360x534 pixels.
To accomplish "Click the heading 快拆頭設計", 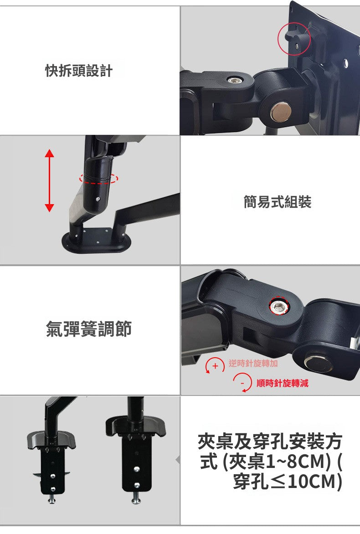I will (78, 71).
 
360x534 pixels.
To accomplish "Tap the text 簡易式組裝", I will (277, 202).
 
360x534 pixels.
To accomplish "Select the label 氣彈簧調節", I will (88, 329).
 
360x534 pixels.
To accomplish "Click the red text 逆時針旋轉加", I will (253, 363).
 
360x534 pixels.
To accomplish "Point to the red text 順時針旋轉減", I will (282, 383).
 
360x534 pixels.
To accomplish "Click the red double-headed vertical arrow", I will (50, 181).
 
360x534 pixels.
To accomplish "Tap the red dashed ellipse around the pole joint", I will (98, 178).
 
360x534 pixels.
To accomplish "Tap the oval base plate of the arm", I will (96, 241).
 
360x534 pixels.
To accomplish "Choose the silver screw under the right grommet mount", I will (135, 499).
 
